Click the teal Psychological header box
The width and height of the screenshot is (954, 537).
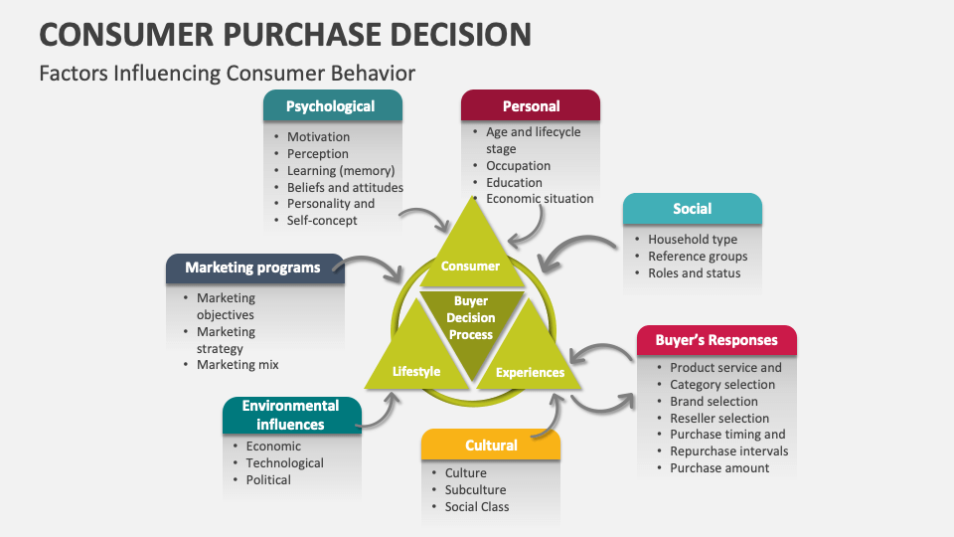click(x=332, y=106)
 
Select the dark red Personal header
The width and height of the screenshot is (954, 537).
click(x=531, y=106)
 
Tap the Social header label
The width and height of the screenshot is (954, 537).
click(x=692, y=209)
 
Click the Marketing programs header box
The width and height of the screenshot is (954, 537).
click(x=252, y=268)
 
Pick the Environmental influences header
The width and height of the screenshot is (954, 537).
click(x=290, y=415)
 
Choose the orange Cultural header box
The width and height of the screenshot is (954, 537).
click(x=491, y=446)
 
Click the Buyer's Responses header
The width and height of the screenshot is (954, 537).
click(x=715, y=340)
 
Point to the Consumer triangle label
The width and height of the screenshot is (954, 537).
click(x=470, y=267)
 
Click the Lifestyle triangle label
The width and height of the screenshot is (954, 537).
click(x=416, y=372)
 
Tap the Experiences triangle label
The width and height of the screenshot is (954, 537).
click(x=530, y=373)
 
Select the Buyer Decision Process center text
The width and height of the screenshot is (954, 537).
click(x=471, y=318)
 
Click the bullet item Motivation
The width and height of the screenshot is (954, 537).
click(x=318, y=137)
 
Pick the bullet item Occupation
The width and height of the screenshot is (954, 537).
click(x=518, y=166)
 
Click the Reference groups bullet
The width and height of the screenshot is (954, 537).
click(x=698, y=257)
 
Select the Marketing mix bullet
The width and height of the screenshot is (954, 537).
click(x=238, y=365)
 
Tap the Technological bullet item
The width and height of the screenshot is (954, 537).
click(x=284, y=463)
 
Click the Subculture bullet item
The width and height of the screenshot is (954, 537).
click(x=475, y=490)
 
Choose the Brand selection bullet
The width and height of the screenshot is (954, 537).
click(x=714, y=402)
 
